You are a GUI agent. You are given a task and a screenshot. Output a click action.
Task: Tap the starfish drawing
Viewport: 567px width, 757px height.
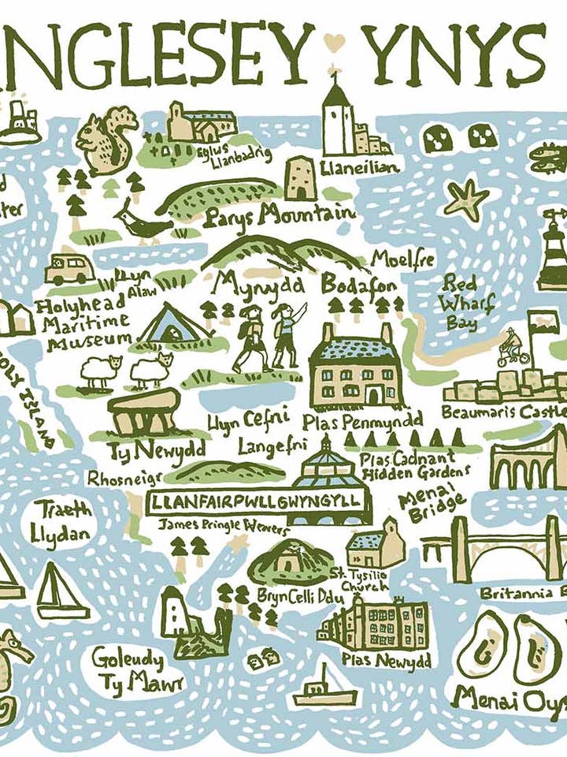point(465,199)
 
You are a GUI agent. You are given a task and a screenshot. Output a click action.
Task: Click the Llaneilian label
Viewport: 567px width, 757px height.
point(359,167)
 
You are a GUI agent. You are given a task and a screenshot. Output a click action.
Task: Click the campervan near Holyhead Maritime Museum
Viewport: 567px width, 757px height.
point(69,269)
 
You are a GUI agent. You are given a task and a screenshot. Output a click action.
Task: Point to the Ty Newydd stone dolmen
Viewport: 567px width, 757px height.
point(143,410)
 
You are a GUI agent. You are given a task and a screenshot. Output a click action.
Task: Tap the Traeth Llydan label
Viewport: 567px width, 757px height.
point(61,520)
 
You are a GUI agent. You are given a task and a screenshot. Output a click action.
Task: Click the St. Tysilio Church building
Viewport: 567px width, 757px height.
point(376,543)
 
